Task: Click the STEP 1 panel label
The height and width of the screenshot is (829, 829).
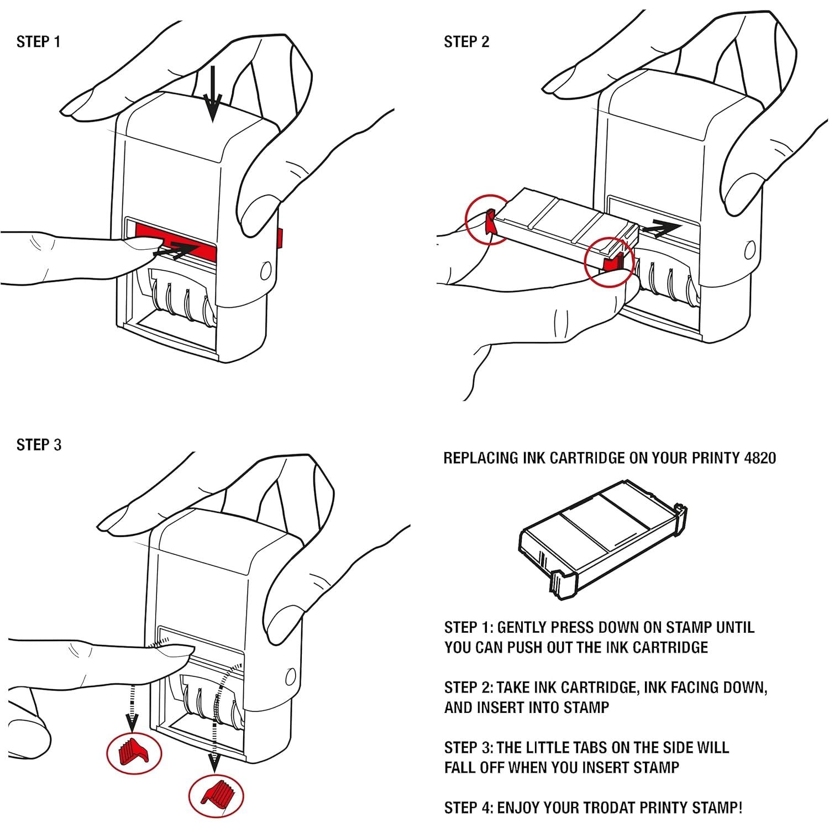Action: click(x=38, y=42)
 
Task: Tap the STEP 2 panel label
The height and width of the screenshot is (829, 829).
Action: click(x=466, y=42)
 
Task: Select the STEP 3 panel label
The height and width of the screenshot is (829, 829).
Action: click(x=39, y=445)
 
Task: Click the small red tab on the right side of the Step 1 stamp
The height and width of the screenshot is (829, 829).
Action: click(x=280, y=238)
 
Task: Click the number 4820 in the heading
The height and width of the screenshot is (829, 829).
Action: click(x=759, y=458)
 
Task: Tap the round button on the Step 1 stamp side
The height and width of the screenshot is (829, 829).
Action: click(x=266, y=270)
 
